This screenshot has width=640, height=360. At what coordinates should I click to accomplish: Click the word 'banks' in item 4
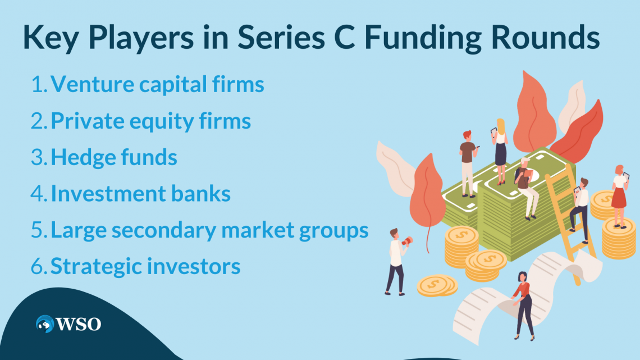tap(203, 194)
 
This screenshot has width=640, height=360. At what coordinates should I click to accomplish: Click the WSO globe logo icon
tap(45, 323)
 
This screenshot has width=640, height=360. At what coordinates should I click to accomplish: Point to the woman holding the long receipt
tap(523, 303)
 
